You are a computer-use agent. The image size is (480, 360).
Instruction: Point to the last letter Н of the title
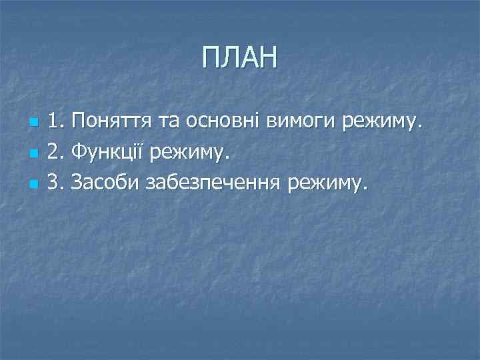(x=267, y=59)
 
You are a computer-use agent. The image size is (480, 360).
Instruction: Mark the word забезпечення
(x=212, y=181)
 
